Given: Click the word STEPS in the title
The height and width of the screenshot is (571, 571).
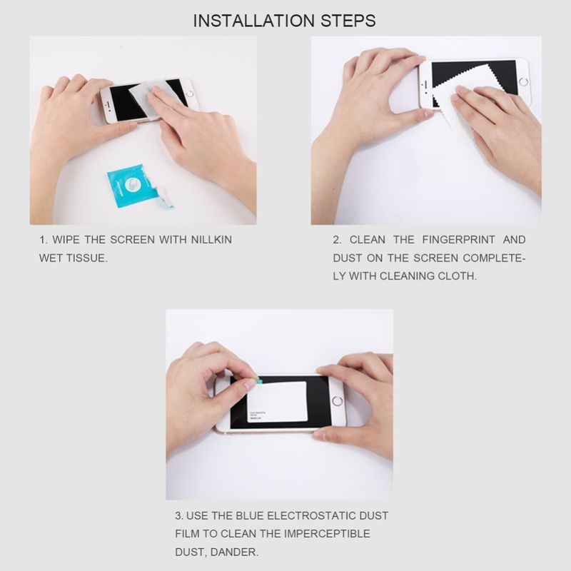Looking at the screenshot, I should (x=348, y=21).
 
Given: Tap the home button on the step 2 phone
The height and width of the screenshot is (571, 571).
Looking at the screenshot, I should (x=523, y=81).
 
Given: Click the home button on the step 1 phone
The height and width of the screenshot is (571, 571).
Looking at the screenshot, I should (x=190, y=92).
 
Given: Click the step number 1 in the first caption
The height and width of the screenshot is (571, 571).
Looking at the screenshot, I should (x=42, y=240).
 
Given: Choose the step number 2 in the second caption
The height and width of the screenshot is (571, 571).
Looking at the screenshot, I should (x=336, y=240).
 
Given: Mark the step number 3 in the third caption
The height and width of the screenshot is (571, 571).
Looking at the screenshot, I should (x=178, y=515).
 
